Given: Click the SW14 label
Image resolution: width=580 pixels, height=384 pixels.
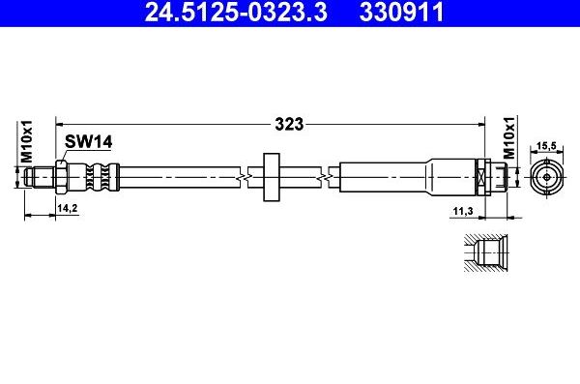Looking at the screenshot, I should click(89, 143).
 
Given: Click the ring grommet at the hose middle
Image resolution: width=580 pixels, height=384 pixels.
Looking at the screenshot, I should click(270, 176).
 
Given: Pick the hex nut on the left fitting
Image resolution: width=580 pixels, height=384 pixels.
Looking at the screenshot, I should click(61, 177).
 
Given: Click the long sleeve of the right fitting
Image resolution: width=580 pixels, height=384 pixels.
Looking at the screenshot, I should click(387, 177).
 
